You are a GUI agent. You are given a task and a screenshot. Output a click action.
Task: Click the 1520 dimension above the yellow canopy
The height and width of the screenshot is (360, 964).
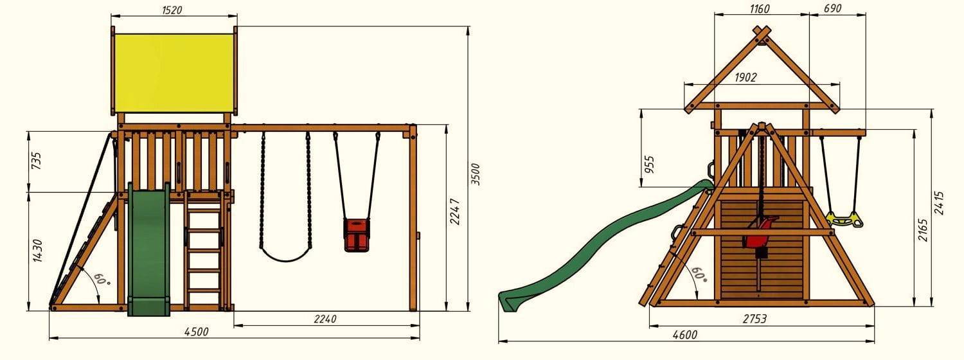click(172, 10)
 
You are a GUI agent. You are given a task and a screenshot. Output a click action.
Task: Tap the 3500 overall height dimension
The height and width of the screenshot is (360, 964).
click(475, 174)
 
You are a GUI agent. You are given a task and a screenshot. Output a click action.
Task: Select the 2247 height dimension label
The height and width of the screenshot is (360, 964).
click(455, 212)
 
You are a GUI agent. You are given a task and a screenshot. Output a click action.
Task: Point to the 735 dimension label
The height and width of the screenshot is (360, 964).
click(37, 160)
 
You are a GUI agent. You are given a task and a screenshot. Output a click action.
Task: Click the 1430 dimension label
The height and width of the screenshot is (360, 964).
click(37, 251)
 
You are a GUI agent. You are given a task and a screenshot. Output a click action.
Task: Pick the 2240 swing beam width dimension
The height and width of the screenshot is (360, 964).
click(325, 319)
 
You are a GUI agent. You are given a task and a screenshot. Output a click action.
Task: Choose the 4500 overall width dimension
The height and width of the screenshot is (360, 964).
click(196, 332)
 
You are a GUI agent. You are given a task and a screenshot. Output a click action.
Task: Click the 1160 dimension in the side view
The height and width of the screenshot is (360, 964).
click(759, 8)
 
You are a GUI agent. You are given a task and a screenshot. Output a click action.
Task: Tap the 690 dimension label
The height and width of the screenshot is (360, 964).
click(832, 8)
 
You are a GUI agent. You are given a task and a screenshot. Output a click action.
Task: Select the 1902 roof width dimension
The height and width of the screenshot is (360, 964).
click(745, 78)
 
